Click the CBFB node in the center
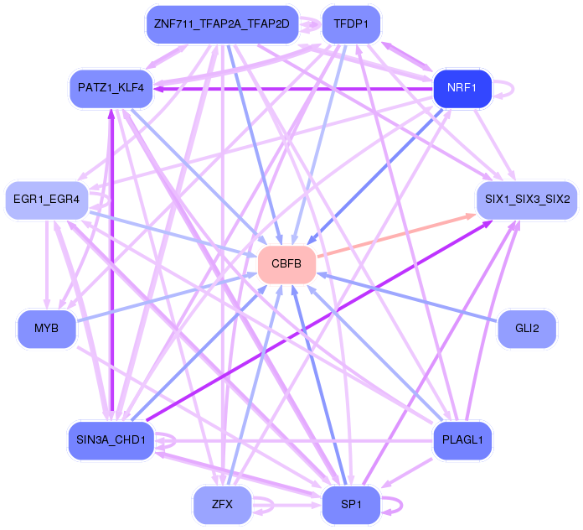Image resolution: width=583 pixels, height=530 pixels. pyautogui.click(x=286, y=264)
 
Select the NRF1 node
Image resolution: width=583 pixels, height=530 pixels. pyautogui.click(x=462, y=88)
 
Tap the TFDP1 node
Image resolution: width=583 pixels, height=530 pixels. pyautogui.click(x=351, y=24)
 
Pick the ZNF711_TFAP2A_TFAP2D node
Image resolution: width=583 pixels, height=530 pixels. pyautogui.click(x=222, y=24)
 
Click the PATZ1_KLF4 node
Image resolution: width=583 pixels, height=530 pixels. pyautogui.click(x=111, y=88)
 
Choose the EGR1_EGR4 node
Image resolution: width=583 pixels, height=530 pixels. pyautogui.click(x=47, y=200)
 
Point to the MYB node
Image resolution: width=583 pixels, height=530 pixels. pyautogui.click(x=47, y=328)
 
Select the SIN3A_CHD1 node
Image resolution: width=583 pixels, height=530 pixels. pyautogui.click(x=111, y=440)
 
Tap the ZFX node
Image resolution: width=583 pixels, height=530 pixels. pyautogui.click(x=222, y=504)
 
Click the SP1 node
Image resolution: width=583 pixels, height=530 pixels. pyautogui.click(x=351, y=504)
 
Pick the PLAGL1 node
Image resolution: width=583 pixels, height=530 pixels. pyautogui.click(x=462, y=440)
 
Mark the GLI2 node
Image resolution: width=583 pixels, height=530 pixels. pyautogui.click(x=526, y=328)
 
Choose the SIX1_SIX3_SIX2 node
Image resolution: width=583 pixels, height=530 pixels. pyautogui.click(x=526, y=200)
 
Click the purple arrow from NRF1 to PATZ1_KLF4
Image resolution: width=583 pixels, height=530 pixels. pyautogui.click(x=293, y=88)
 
